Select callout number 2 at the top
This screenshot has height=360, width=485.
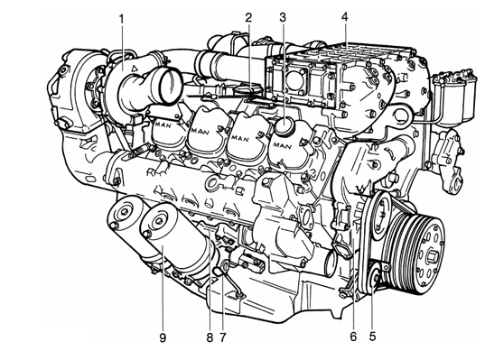[248, 17]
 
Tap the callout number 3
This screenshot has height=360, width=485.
[283, 17]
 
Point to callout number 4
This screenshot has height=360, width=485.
[344, 17]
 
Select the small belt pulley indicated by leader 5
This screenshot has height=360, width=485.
[376, 274]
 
